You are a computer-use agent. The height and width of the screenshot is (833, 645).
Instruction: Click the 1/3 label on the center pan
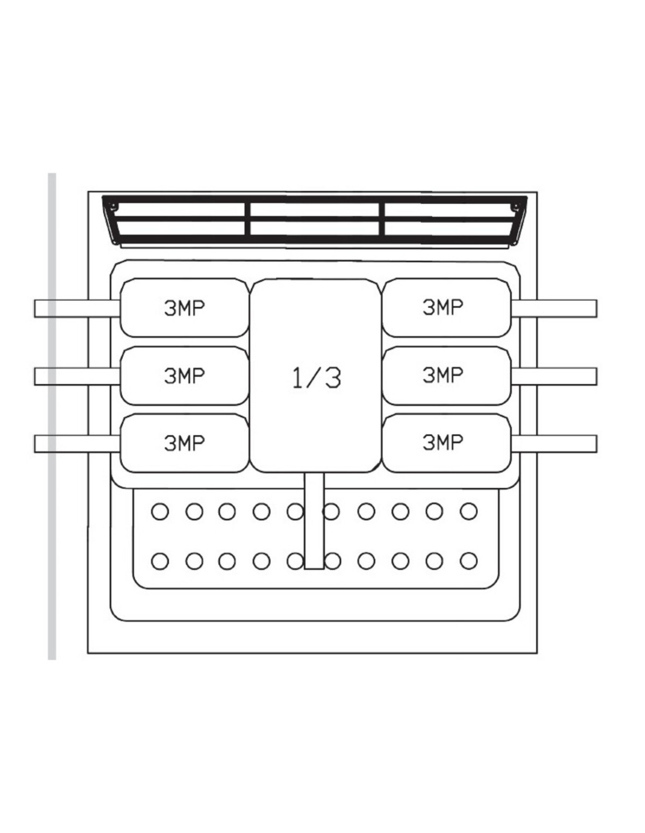pyautogui.click(x=316, y=378)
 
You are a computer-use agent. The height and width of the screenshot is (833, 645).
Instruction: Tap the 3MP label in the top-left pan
pyautogui.click(x=184, y=308)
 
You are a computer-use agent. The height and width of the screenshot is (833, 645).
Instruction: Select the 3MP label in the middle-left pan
pyautogui.click(x=184, y=375)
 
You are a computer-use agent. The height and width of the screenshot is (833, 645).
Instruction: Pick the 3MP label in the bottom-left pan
pyautogui.click(x=184, y=443)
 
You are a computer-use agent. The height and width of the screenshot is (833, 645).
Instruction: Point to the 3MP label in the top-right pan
pyautogui.click(x=443, y=307)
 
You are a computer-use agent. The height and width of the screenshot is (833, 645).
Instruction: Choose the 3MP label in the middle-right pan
pyautogui.click(x=443, y=375)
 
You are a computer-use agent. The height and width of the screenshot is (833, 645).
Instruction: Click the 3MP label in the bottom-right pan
pyautogui.click(x=443, y=442)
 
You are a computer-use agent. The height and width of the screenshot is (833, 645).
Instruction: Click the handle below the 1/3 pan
pyautogui.click(x=314, y=521)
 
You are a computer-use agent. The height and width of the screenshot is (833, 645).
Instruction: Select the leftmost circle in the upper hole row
pyautogui.click(x=159, y=512)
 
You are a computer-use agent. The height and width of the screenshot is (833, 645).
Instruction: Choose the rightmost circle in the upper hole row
pyautogui.click(x=469, y=512)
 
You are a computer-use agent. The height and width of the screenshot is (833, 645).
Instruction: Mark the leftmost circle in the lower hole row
pyautogui.click(x=159, y=561)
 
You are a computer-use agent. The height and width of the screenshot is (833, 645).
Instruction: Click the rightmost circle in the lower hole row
pyautogui.click(x=469, y=561)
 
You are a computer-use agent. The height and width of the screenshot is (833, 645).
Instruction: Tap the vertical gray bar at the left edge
pyautogui.click(x=52, y=416)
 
